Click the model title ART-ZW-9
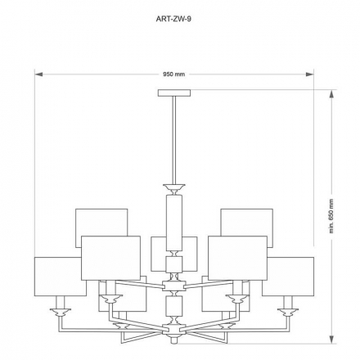click(173, 19)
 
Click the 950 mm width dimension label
click(174, 74)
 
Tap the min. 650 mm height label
click(331, 216)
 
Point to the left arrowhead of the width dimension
click(38, 74)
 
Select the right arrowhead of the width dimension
click(309, 74)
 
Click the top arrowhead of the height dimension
click(331, 94)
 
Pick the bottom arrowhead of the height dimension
click(331, 340)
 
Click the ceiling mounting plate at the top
click(174, 93)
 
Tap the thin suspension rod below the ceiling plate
click(174, 141)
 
